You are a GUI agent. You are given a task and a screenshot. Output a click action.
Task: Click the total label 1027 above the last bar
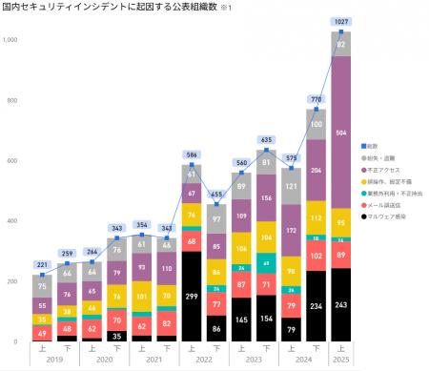coord(340,20)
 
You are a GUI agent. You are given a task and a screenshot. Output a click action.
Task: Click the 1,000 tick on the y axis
coord(10,40)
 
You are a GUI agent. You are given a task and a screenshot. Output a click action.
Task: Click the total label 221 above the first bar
coord(43,264)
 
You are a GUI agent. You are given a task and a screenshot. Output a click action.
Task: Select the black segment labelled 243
coord(340,305)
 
